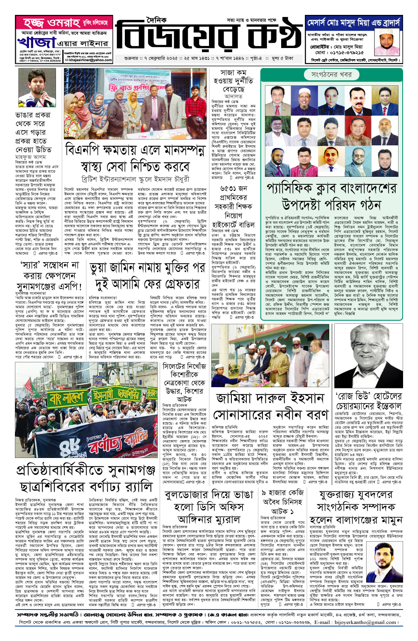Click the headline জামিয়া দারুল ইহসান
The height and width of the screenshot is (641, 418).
[x=270, y=398]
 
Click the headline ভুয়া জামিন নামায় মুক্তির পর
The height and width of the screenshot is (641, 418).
[x=147, y=268]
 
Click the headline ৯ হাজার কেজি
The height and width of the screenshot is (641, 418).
[x=282, y=493]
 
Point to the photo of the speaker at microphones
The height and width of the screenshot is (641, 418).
[x=36, y=88]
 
